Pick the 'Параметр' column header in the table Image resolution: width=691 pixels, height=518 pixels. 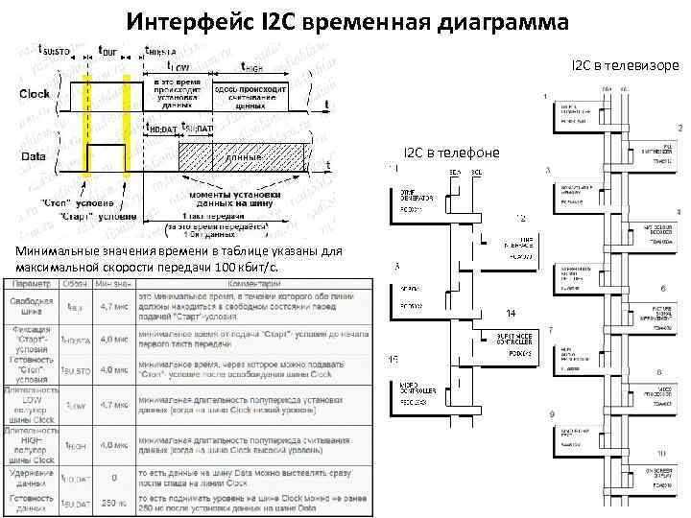(31, 284)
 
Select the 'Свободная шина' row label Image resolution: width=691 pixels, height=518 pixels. (33, 306)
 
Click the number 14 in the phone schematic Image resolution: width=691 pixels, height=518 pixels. (511, 314)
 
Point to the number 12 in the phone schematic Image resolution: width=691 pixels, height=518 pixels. (520, 219)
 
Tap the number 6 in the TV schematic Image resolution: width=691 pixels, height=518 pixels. (663, 288)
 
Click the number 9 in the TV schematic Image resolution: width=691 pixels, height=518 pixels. (551, 413)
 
